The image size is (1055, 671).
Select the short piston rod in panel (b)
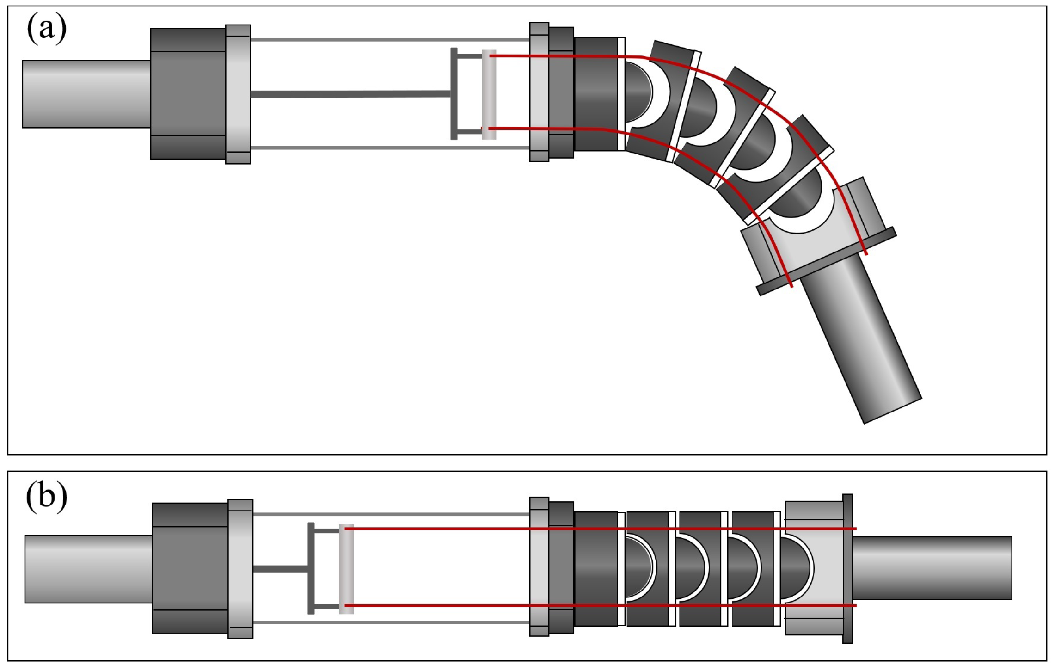280,569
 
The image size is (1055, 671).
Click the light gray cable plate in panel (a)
489,94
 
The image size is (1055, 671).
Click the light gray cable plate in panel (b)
346,569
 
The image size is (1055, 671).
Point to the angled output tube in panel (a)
860,340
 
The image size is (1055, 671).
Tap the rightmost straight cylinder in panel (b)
932,568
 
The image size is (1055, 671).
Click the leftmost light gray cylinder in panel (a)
86,94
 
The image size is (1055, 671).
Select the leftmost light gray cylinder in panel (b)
88,569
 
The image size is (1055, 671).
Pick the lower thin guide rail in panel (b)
391,622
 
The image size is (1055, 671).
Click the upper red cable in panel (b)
439,529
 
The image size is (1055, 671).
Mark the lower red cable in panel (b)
439,605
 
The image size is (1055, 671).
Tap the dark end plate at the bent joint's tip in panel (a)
827,261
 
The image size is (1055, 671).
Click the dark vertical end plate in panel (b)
847,569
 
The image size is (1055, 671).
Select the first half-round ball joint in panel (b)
638,567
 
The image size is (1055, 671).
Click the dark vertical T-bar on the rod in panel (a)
454,94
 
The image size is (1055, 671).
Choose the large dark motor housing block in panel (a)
188,94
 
